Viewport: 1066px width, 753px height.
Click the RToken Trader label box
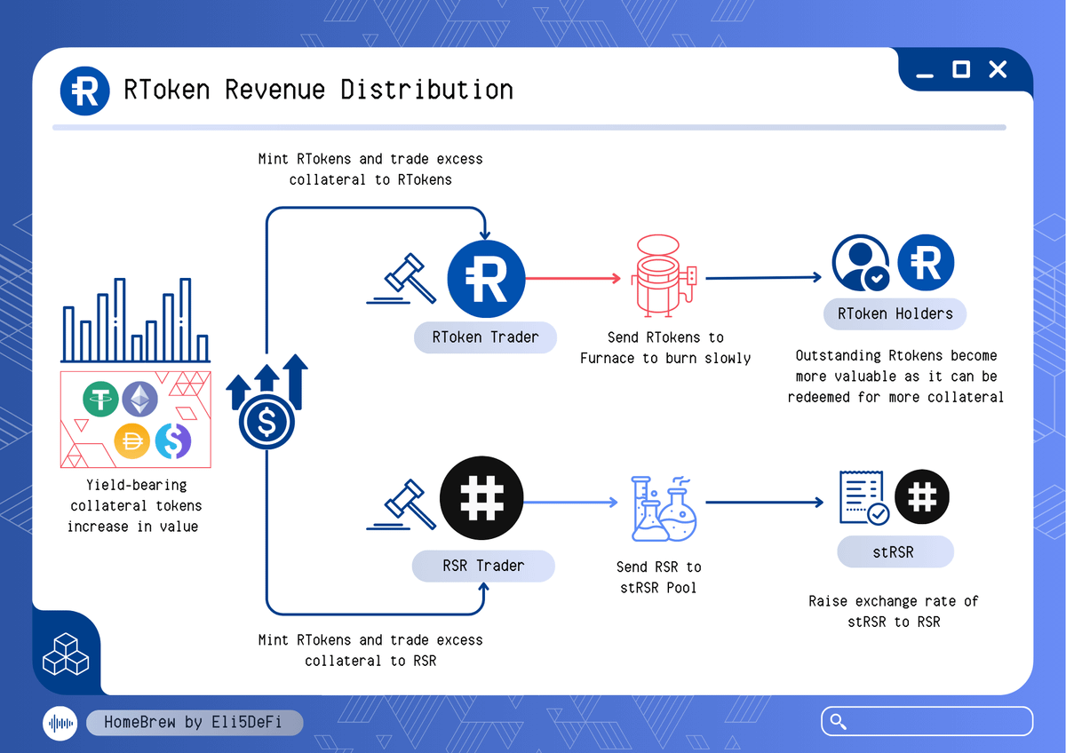(485, 337)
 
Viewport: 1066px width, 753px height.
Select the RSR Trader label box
(483, 567)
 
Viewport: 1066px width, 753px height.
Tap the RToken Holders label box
(895, 313)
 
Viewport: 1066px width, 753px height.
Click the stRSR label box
(895, 552)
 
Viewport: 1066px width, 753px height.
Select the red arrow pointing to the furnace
(573, 278)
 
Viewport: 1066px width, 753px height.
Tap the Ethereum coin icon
(139, 400)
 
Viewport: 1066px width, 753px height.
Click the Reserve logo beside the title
(85, 91)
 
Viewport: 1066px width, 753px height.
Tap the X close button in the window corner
(998, 69)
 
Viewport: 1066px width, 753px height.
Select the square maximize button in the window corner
(961, 69)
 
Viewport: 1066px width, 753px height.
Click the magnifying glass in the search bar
(837, 721)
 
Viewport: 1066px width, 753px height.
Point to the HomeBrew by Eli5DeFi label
(194, 722)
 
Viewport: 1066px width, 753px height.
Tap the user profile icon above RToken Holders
(860, 264)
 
